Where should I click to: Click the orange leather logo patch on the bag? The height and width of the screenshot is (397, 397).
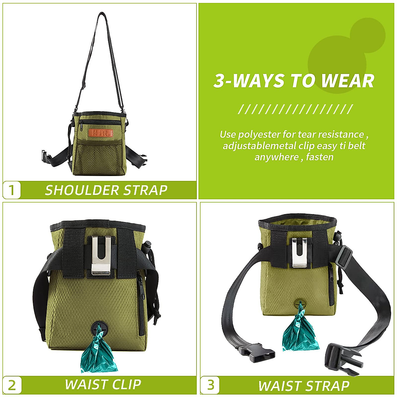pos(101,133)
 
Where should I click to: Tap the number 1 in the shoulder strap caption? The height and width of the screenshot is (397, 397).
pos(12,190)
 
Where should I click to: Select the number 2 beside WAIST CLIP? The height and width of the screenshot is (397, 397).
pos(12,385)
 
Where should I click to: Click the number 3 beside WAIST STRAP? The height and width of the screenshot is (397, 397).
pos(210,385)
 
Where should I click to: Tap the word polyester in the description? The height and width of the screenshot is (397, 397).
pos(259,135)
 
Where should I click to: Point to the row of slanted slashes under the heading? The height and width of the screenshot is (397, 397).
pos(295,109)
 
